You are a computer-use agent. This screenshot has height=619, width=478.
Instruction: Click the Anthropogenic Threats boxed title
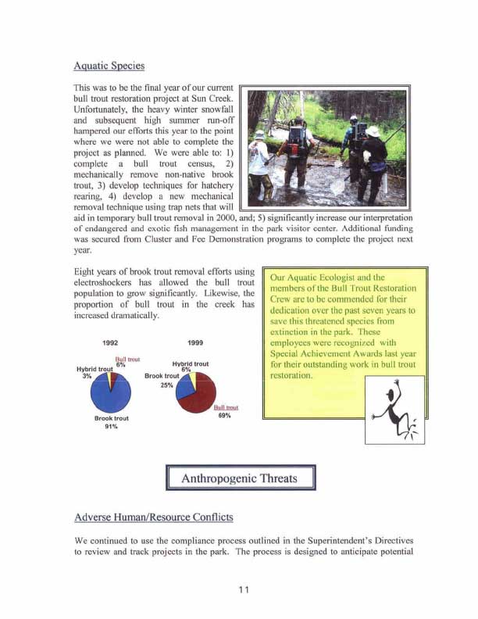click(x=239, y=478)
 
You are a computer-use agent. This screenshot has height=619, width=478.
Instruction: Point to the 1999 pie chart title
click(x=195, y=342)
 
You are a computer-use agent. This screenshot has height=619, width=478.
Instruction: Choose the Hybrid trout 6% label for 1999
click(x=188, y=367)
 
